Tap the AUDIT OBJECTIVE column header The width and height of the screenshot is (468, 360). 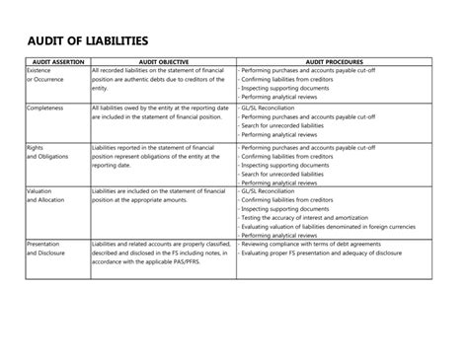(163, 62)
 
